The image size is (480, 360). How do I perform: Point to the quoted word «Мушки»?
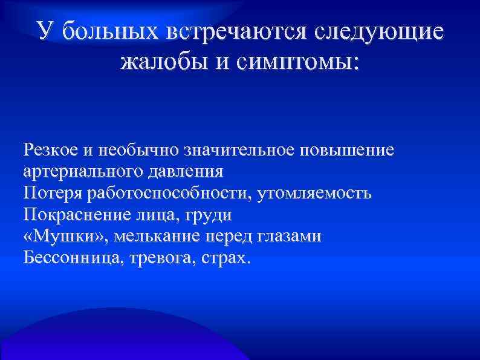(57, 237)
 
